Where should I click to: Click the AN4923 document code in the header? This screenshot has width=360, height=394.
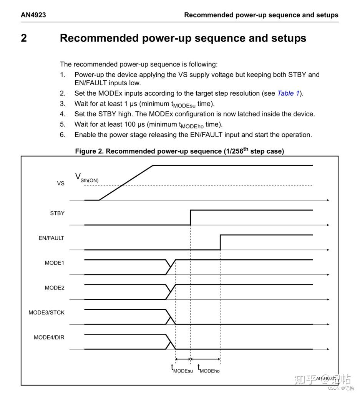pos(33,15)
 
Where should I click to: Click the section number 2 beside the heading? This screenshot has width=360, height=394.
pos(24,38)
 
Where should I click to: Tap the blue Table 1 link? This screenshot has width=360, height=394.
pos(288,93)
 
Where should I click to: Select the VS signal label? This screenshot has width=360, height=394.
pos(61,183)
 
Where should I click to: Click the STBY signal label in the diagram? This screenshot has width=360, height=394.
pos(57,213)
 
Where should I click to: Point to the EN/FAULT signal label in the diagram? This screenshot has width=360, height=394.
pos(51,238)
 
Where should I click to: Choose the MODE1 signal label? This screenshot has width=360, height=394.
pos(54,263)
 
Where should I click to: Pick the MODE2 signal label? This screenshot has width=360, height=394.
pos(54,288)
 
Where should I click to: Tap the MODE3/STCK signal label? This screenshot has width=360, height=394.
pos(46,313)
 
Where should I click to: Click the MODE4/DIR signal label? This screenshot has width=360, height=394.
pos(49,338)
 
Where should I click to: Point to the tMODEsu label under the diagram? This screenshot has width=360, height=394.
pos(182,369)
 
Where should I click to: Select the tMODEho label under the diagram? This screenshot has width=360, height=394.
pos(209,369)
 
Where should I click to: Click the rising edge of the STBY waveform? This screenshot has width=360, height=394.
pos(191,217)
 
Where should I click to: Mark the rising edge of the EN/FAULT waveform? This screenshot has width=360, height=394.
pos(220,242)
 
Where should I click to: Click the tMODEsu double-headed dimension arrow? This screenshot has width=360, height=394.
pos(183,359)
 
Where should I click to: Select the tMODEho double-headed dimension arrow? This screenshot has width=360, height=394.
pos(205,359)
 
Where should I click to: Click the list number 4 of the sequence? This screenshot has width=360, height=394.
pos(63,114)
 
